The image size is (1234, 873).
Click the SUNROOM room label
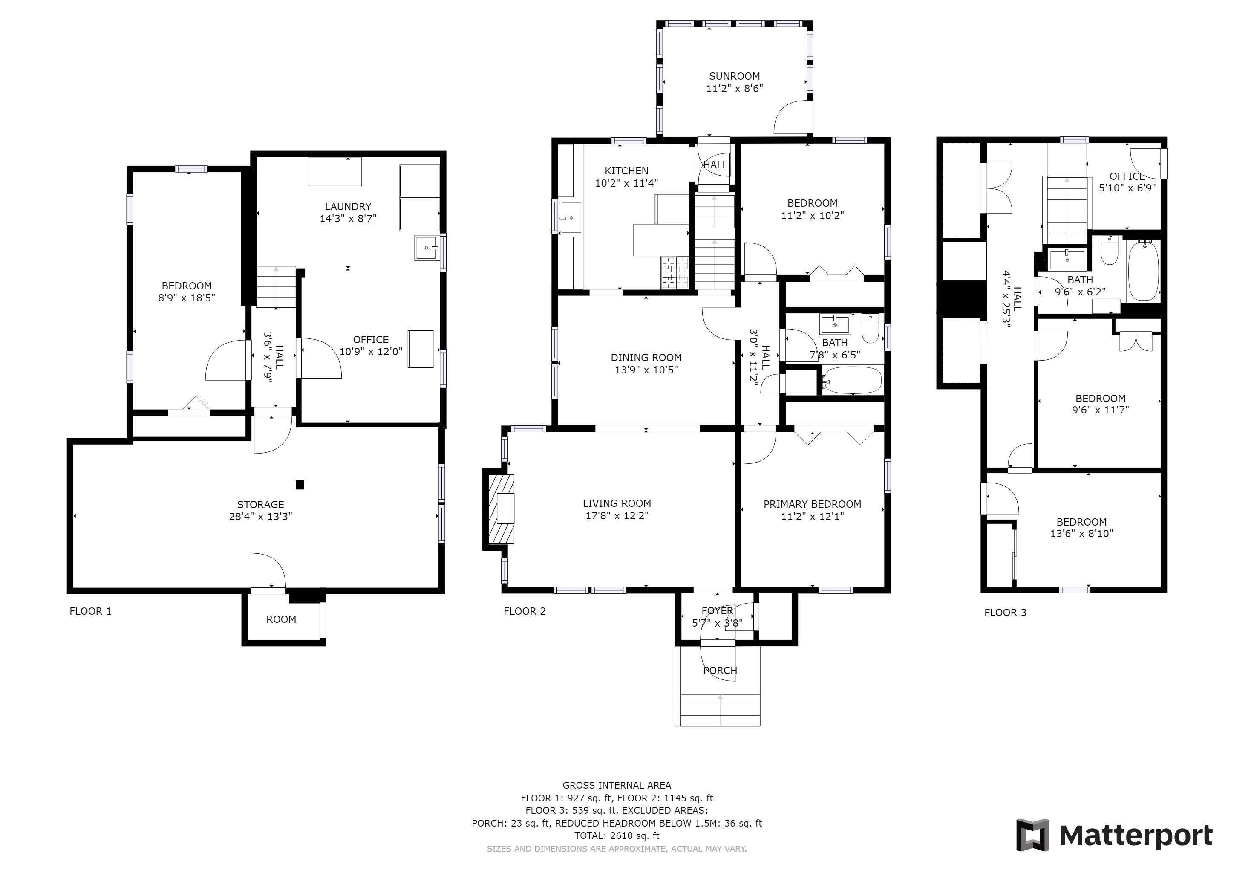[x=734, y=76]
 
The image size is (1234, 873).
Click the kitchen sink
[x=570, y=218]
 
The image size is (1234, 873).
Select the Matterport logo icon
[x=1032, y=835]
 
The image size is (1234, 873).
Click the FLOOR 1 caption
[x=90, y=611]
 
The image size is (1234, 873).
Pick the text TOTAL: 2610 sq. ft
[x=617, y=835]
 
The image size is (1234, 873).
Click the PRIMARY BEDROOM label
[x=812, y=504]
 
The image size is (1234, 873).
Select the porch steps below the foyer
[x=720, y=710]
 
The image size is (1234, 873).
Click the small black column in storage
[x=300, y=485]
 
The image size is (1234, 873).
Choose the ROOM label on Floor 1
[x=281, y=619]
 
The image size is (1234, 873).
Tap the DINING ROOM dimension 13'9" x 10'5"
[x=646, y=370]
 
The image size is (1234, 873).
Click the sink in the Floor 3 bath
[x=1067, y=260]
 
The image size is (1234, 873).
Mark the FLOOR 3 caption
[x=1005, y=612]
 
